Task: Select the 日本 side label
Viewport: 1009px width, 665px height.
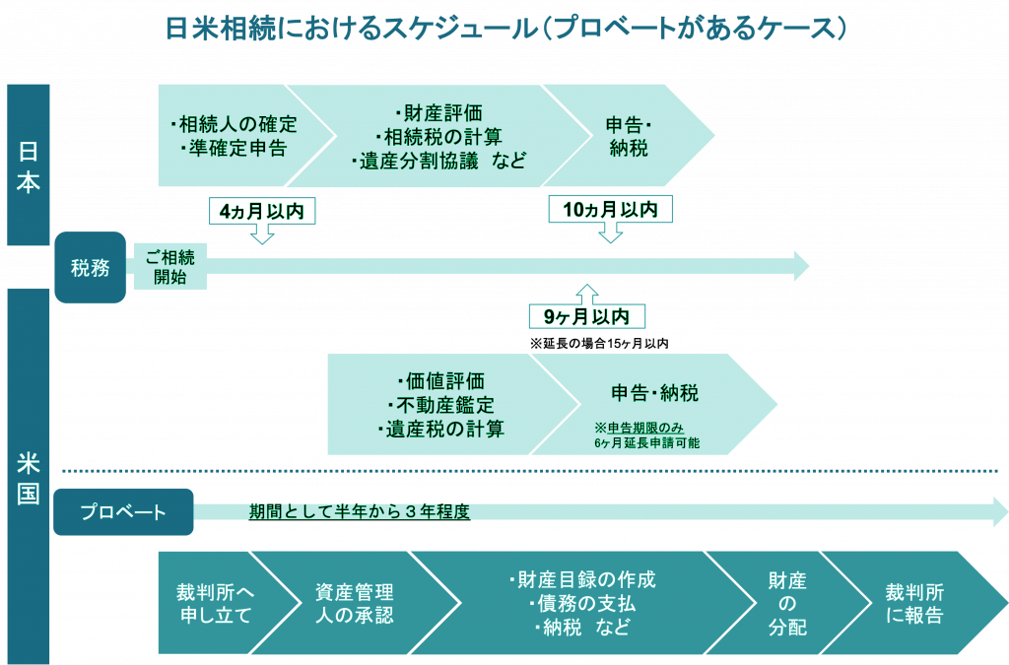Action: coord(28,165)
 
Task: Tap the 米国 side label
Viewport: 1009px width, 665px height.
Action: coord(28,478)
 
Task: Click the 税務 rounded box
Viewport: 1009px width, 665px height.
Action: coord(90,267)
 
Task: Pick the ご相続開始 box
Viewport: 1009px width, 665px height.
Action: coord(169,267)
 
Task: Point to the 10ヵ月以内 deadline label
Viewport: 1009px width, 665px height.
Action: coord(610,209)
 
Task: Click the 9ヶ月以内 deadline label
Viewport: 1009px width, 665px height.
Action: coord(587,316)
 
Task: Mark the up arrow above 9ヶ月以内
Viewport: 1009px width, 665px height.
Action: coord(587,294)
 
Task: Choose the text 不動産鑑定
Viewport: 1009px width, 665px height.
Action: coord(440,405)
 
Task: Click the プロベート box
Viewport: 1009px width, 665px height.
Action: coord(123,511)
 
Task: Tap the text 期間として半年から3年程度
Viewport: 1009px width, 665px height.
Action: coord(359,511)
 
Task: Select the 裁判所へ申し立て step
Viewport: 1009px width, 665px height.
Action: coord(215,604)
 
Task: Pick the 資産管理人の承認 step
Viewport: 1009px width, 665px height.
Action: coord(354,604)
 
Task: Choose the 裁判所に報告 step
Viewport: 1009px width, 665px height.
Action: coord(914,604)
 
